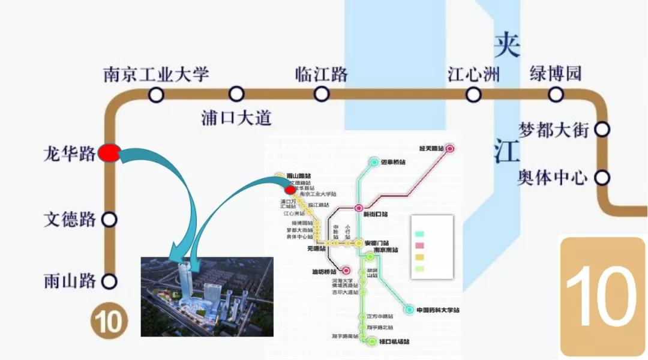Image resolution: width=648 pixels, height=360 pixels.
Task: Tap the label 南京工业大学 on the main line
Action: pos(156,74)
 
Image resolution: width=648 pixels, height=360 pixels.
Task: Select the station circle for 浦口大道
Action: pos(236,94)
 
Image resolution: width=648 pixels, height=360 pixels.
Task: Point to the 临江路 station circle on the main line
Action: pos(322,94)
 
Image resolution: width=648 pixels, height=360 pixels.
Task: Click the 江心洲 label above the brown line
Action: pos(473,75)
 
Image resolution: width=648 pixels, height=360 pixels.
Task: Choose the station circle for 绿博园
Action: pos(556,94)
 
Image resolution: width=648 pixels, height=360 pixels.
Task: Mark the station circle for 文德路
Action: pos(109,220)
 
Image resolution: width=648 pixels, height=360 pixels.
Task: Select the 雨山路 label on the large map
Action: pos(70,281)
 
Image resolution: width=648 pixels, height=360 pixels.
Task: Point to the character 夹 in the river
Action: pos(506,45)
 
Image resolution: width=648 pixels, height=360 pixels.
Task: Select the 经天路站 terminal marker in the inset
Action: pos(449,148)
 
